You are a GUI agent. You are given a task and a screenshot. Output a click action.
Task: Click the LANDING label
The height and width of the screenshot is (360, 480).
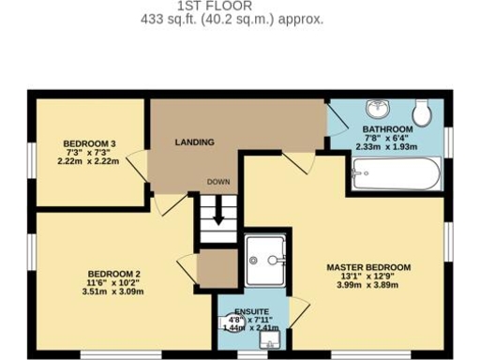[195, 142]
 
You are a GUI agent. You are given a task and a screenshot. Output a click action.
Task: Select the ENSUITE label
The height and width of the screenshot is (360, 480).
[252, 310]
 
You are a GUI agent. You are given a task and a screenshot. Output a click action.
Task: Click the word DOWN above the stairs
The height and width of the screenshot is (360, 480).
[218, 182]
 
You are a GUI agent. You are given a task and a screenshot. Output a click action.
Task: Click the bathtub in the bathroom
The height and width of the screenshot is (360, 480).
[397, 173]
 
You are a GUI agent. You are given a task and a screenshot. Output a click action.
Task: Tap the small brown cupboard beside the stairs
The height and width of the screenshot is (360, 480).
[217, 268]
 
